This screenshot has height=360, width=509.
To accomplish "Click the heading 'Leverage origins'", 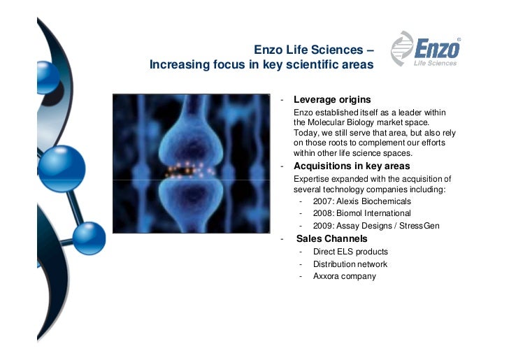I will pyautogui.click(x=332, y=100).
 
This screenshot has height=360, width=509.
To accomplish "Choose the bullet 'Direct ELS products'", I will pyautogui.click(x=350, y=252).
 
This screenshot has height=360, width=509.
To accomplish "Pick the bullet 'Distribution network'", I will pyautogui.click(x=350, y=264).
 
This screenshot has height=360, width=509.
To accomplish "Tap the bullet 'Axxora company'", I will pyautogui.click(x=344, y=276).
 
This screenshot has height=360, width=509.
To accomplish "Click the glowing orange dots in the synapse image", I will pyautogui.click(x=185, y=170).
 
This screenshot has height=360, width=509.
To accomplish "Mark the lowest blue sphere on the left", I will pyautogui.click(x=89, y=238).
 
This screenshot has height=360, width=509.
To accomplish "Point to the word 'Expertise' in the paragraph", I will pyautogui.click(x=311, y=178).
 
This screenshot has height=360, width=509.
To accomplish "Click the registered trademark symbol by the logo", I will pyautogui.click(x=459, y=39).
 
